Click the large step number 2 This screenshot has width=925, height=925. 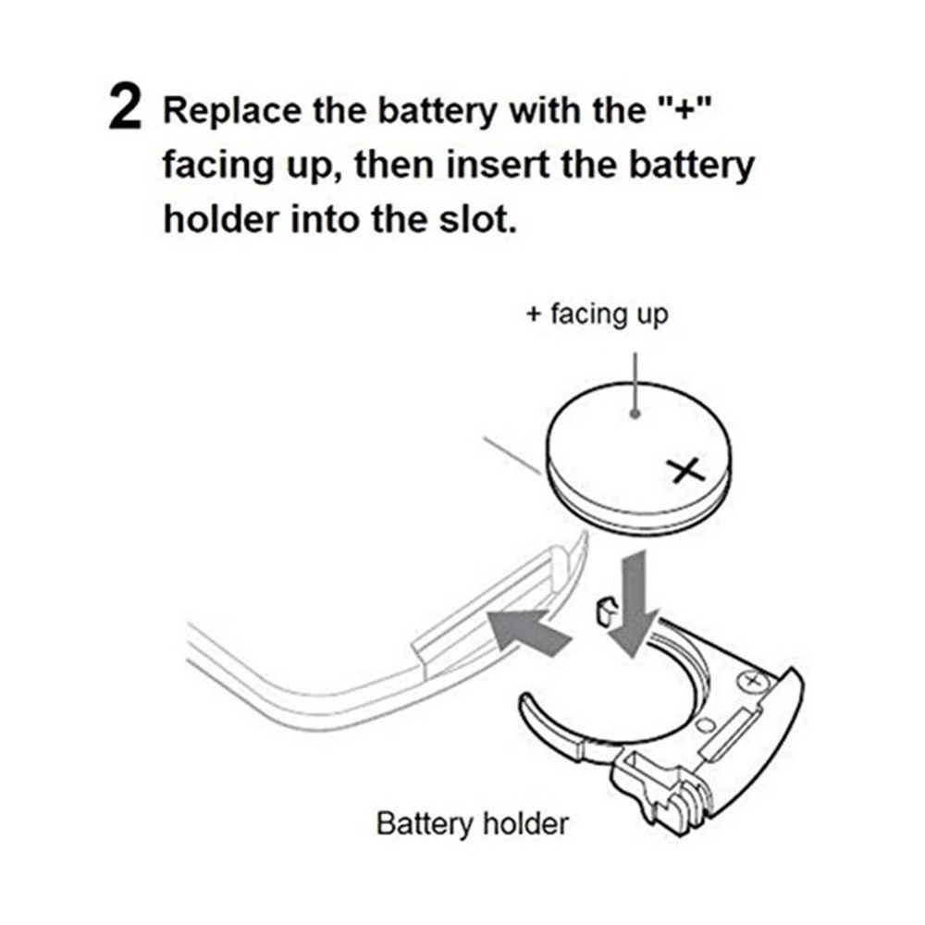(x=125, y=106)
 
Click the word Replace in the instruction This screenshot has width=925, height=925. (x=231, y=111)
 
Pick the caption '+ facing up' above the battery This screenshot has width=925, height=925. (x=597, y=314)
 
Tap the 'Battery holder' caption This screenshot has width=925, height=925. (x=473, y=823)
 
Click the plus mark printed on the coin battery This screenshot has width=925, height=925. (x=685, y=472)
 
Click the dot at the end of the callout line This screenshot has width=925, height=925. (x=635, y=414)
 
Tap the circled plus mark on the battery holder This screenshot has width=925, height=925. (x=751, y=682)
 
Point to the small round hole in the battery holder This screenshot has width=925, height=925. (x=704, y=724)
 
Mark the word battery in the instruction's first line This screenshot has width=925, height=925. (x=438, y=111)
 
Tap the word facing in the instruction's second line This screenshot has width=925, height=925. (x=219, y=168)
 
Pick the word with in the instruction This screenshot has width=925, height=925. (x=545, y=110)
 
